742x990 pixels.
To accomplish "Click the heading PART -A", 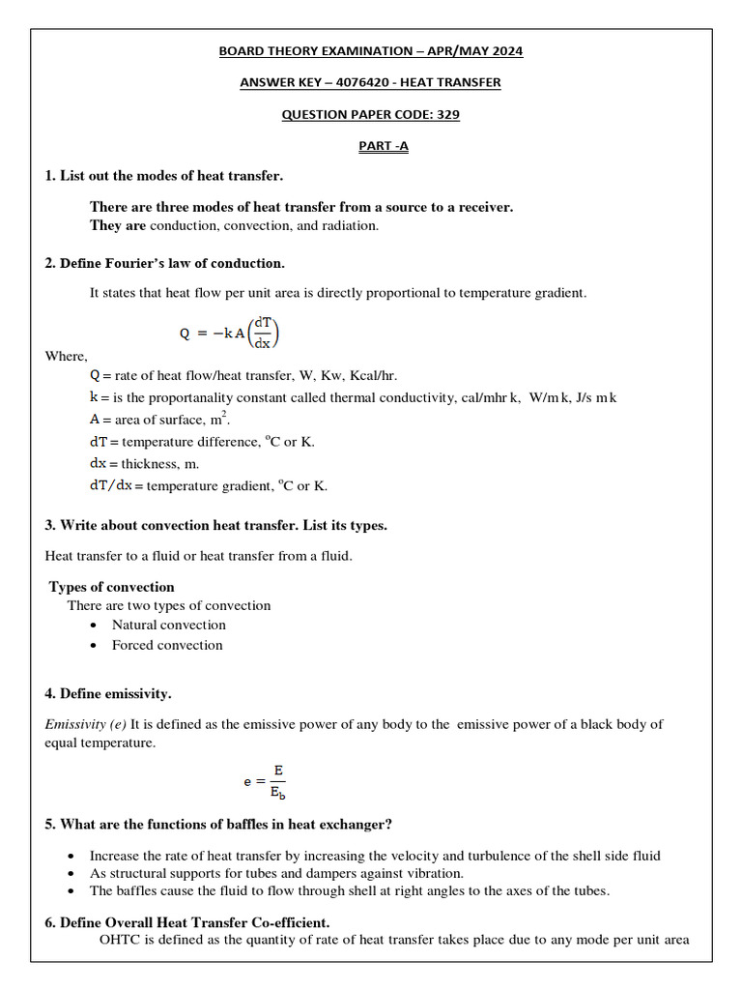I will (371, 146).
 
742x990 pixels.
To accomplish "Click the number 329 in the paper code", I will (447, 114).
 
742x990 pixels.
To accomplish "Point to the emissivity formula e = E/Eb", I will (265, 781).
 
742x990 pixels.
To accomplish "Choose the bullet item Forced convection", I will (167, 645).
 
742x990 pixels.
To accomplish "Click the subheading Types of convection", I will (112, 587).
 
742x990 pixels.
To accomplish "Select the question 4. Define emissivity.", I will (108, 693).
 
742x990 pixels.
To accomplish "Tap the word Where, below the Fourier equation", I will (66, 356).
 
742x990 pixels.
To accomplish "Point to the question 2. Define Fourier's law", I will (165, 263).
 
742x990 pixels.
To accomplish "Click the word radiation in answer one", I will (348, 225).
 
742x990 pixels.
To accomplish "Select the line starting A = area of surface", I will (159, 419).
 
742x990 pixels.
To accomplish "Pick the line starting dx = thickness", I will (144, 463).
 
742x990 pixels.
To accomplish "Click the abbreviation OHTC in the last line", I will (120, 939).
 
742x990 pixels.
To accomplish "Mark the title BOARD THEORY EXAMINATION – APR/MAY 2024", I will (371, 50).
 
